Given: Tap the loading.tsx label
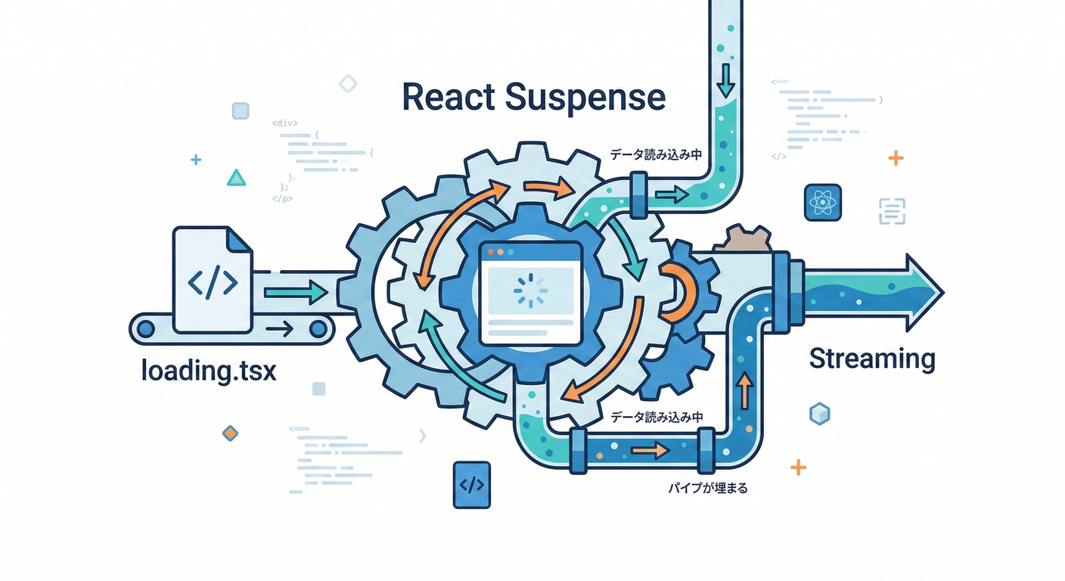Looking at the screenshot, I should click(x=209, y=371).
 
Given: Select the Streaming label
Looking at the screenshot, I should click(x=872, y=358).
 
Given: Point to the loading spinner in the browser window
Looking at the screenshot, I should click(x=528, y=290).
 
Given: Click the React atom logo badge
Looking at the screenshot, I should click(x=823, y=203).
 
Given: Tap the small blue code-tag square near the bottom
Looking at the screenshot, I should click(x=471, y=485).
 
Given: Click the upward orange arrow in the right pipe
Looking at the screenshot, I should click(x=745, y=390).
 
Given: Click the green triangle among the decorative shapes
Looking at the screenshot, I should click(x=237, y=178).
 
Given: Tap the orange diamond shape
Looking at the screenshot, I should click(x=230, y=433).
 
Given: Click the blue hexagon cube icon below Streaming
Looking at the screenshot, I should click(x=820, y=413).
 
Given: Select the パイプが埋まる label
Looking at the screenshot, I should click(x=707, y=489).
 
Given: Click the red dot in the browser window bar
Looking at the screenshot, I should click(x=489, y=251).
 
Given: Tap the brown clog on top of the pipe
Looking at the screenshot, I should click(x=747, y=239).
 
